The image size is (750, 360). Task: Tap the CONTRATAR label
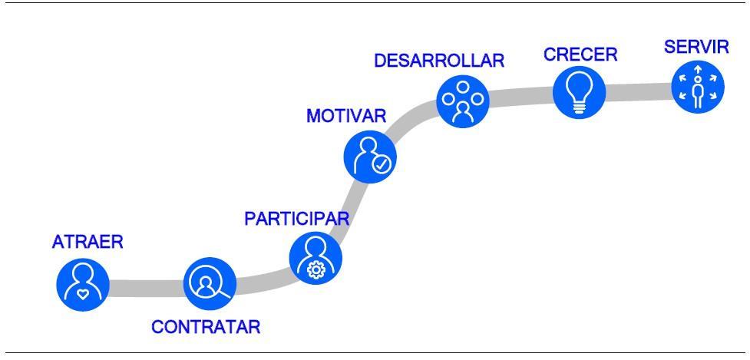pyautogui.click(x=206, y=327)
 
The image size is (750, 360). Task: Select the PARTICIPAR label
pyautogui.click(x=296, y=218)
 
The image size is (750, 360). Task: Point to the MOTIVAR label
pyautogui.click(x=345, y=116)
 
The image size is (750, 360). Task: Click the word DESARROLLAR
pyautogui.click(x=439, y=61)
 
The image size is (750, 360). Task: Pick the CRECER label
pyautogui.click(x=580, y=55)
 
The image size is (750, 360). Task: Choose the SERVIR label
pyautogui.click(x=696, y=47)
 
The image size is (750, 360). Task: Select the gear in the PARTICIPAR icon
pyautogui.click(x=315, y=269)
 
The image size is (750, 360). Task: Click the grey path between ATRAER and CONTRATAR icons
pyautogui.click(x=146, y=288)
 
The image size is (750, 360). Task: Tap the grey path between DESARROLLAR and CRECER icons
pyautogui.click(x=520, y=97)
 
